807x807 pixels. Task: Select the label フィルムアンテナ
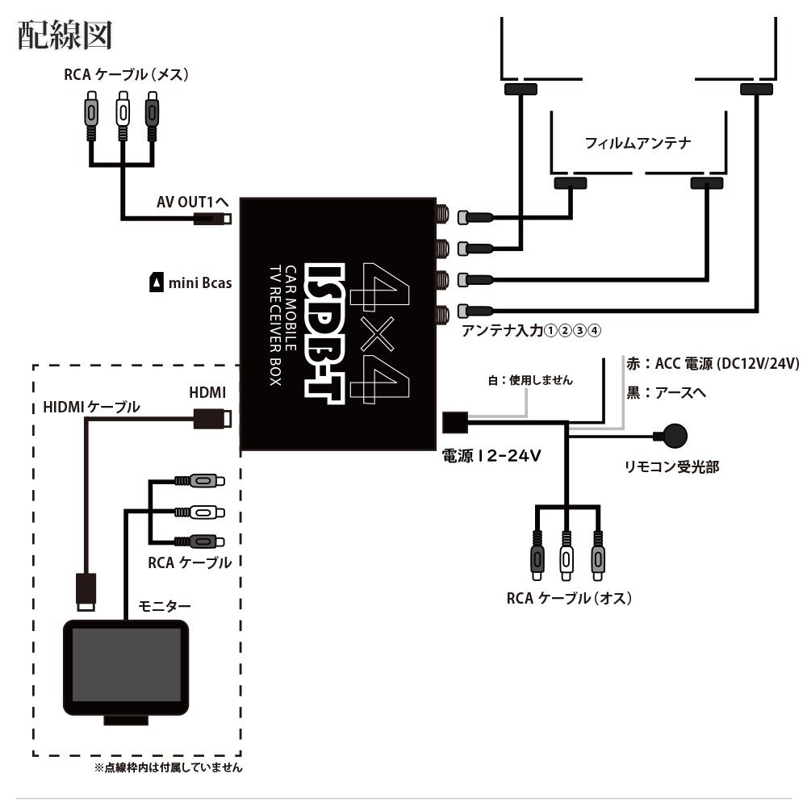click(638, 143)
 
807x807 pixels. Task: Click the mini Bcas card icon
click(155, 282)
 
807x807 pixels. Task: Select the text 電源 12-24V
click(490, 455)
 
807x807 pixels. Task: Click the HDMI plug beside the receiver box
click(212, 418)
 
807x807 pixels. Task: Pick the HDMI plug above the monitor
click(86, 591)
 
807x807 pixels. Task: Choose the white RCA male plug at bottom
click(567, 557)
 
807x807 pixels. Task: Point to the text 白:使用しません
click(530, 379)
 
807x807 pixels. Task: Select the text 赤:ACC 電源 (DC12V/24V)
click(712, 364)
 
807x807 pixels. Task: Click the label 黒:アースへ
click(667, 393)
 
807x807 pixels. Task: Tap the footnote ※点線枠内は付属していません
click(168, 767)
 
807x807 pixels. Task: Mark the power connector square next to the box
click(454, 420)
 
